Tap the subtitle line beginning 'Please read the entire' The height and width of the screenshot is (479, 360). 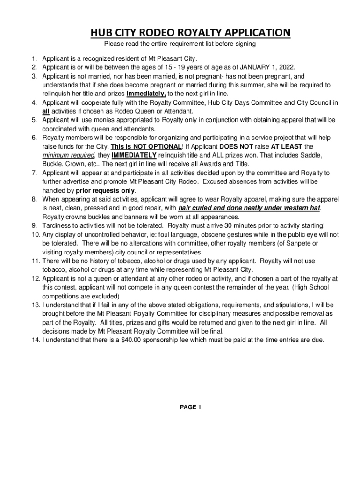180,44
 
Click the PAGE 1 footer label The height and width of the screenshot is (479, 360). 190,407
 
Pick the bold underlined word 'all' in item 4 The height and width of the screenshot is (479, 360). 46,111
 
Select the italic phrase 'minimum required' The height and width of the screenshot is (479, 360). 68,155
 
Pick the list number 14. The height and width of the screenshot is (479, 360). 36,340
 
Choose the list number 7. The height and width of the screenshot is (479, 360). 35,173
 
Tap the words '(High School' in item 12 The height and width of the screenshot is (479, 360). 309,287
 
